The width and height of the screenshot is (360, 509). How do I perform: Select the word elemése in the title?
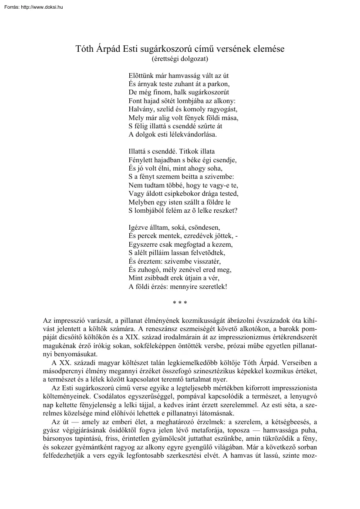[x=268, y=49]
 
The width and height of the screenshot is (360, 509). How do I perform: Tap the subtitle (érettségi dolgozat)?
[x=180, y=57]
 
